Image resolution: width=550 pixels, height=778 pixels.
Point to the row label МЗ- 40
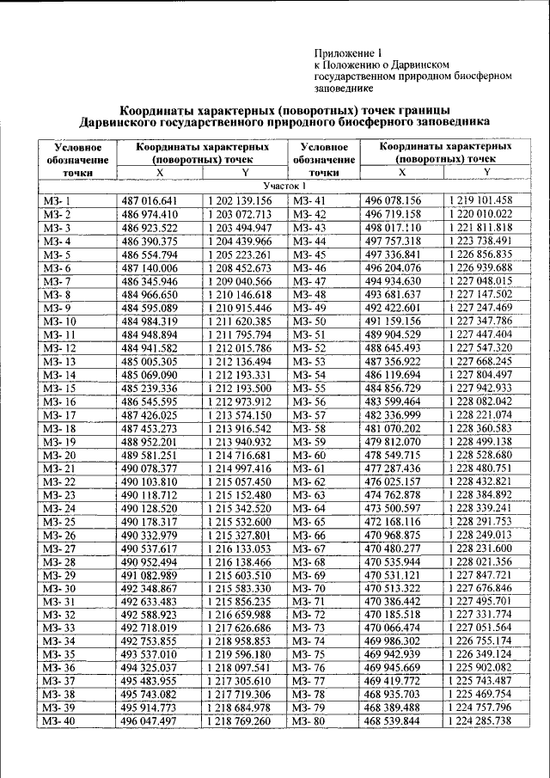[x=59, y=720]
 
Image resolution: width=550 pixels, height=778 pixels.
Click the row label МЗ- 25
[x=59, y=521]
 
